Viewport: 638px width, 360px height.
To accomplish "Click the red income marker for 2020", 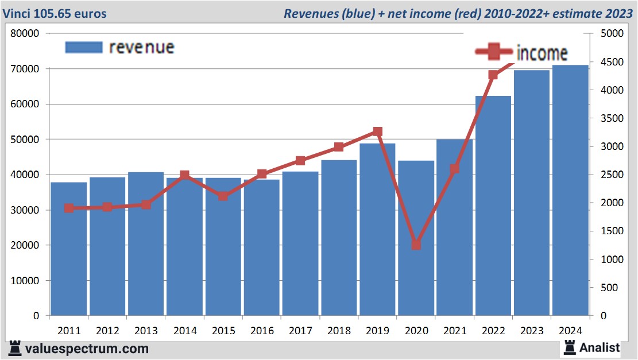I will coord(416,245).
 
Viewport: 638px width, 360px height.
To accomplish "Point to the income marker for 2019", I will coord(377,131).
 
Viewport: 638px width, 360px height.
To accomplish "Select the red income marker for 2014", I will coord(184,175).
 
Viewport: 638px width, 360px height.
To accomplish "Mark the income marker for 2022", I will coord(493,75).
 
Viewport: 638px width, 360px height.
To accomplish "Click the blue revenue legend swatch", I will coord(83,47).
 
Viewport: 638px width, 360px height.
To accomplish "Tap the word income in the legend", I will coord(542,53).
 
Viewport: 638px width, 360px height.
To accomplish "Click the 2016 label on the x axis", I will coord(262,331).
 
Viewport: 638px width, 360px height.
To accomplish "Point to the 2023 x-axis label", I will coord(532,331).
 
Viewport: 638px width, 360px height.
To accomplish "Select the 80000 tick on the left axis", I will coord(25,33).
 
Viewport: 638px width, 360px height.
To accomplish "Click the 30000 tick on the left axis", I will coord(25,210).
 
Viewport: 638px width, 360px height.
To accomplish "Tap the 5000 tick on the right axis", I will coord(611,33).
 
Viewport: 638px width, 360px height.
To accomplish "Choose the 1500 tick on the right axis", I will coord(611,231).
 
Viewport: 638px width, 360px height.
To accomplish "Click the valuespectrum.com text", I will coord(87,349).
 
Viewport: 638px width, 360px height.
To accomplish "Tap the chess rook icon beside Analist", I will coord(570,347).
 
